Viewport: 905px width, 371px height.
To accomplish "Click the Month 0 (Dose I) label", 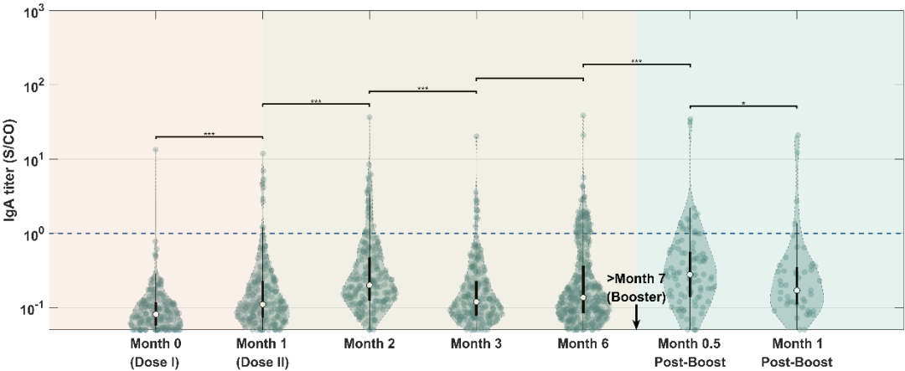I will (x=156, y=352).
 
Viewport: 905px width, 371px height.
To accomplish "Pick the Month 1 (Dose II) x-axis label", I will (x=262, y=352).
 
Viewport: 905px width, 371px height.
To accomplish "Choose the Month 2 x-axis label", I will (x=370, y=344).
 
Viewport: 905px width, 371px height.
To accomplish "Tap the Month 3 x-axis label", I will (x=476, y=344).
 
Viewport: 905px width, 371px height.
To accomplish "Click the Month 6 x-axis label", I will (x=583, y=344).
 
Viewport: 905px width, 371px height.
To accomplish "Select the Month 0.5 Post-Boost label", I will (x=690, y=352).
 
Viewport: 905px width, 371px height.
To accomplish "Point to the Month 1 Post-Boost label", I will (x=797, y=352).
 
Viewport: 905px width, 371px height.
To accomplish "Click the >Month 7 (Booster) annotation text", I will (x=637, y=288).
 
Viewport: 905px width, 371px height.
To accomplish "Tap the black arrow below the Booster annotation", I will (x=637, y=318).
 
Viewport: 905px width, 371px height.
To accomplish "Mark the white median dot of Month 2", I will (x=370, y=286).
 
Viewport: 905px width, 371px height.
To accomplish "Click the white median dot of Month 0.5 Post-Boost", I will (x=690, y=275).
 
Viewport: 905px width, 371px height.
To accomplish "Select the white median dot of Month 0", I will (x=156, y=314).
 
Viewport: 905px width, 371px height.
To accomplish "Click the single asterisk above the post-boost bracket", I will (x=743, y=103).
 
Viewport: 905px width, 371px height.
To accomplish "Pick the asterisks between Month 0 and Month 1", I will (x=209, y=133).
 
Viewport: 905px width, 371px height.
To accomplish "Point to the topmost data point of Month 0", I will (x=156, y=150).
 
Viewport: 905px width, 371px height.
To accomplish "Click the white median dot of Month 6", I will (x=583, y=297).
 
